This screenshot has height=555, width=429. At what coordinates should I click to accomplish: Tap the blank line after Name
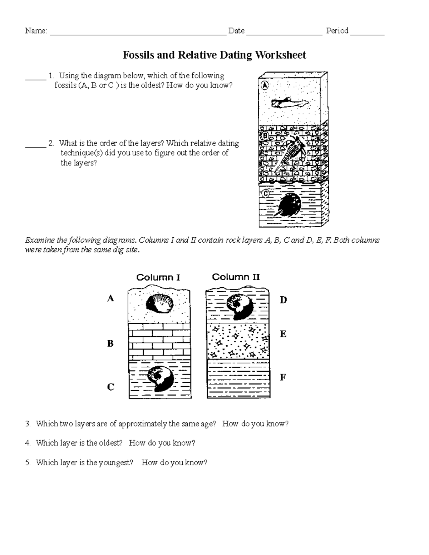[x=138, y=34]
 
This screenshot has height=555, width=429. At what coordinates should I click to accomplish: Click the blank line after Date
[x=284, y=34]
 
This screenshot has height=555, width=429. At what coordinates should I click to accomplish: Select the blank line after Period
[x=367, y=34]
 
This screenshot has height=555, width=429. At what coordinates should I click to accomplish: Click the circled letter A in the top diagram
[x=265, y=85]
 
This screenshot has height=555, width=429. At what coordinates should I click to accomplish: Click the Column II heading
[x=236, y=277]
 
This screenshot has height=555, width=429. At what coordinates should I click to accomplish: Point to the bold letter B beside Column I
[x=110, y=343]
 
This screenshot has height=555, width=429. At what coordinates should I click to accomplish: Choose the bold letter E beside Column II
[x=283, y=334]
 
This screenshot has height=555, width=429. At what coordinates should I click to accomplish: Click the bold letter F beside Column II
[x=283, y=377]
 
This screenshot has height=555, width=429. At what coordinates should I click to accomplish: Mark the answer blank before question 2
[x=36, y=146]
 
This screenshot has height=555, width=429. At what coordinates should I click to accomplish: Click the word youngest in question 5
[x=115, y=463]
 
